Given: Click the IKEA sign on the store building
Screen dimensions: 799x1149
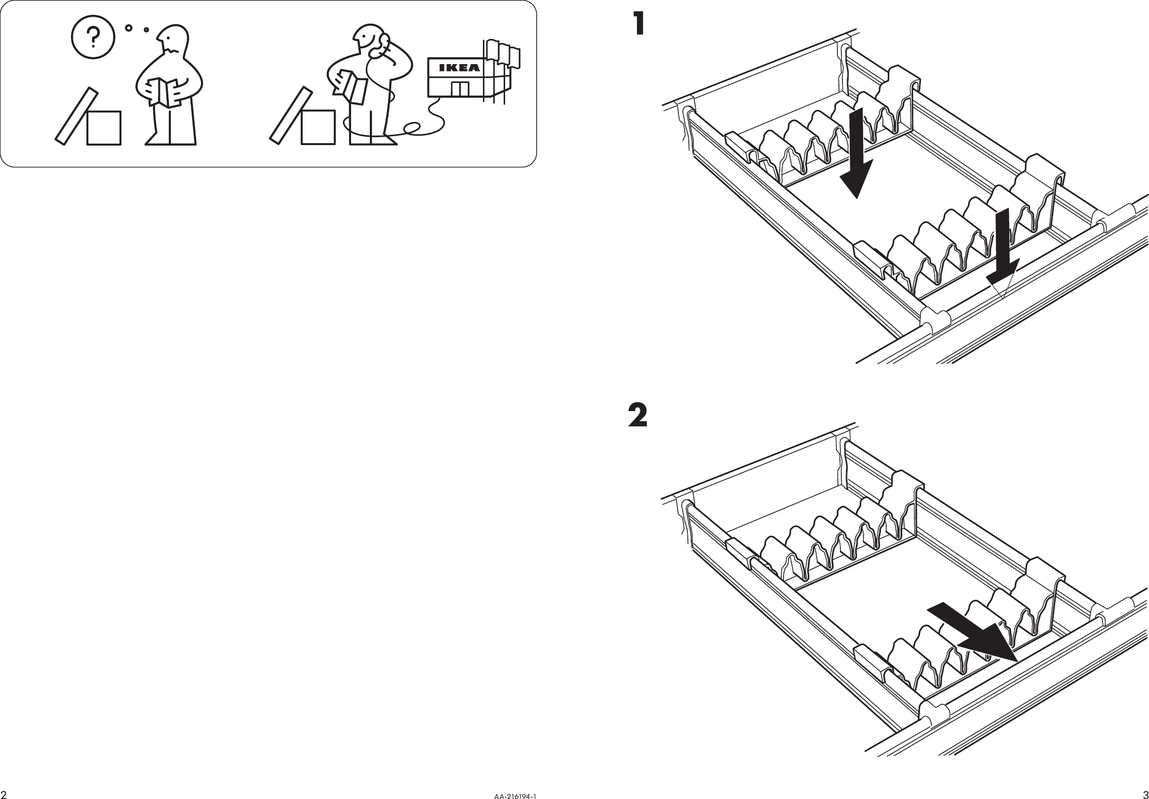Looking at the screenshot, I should click(x=459, y=68).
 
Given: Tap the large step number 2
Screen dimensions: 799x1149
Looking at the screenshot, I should click(x=637, y=416).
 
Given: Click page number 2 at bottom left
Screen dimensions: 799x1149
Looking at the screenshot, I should click(x=4, y=795).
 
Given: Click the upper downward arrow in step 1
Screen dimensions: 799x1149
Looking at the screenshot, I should click(x=857, y=155).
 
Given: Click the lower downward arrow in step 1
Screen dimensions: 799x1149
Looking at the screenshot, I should click(x=1002, y=250).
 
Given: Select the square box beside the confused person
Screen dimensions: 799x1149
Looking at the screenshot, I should click(x=104, y=128).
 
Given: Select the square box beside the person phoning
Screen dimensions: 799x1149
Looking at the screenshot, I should click(x=318, y=128).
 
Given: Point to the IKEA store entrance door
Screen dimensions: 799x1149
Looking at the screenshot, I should click(x=459, y=89).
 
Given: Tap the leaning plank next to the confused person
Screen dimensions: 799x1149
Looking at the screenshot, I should click(x=76, y=116).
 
